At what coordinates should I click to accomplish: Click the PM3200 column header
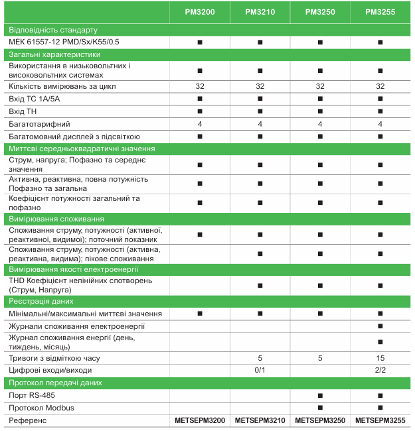click(200, 11)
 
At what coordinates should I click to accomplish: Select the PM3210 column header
click(260, 11)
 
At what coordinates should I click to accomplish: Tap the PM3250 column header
click(320, 11)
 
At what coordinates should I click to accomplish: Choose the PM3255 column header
click(380, 11)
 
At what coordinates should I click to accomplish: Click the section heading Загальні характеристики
click(54, 54)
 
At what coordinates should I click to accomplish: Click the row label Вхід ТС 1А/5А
click(35, 99)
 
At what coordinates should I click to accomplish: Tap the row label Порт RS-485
click(32, 395)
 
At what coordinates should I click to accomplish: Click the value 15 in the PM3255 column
click(380, 358)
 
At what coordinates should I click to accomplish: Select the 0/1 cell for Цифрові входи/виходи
click(260, 370)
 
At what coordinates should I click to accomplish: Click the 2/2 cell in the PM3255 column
click(380, 370)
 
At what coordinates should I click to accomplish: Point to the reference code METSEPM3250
click(320, 420)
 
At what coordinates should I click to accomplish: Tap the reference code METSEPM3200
click(200, 420)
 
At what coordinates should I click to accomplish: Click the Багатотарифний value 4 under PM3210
click(260, 124)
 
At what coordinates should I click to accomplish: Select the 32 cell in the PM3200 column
click(200, 86)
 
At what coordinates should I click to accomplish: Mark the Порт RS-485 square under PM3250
click(320, 395)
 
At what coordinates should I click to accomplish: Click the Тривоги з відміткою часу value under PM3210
click(260, 358)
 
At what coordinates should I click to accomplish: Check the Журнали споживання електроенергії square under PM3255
click(380, 326)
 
